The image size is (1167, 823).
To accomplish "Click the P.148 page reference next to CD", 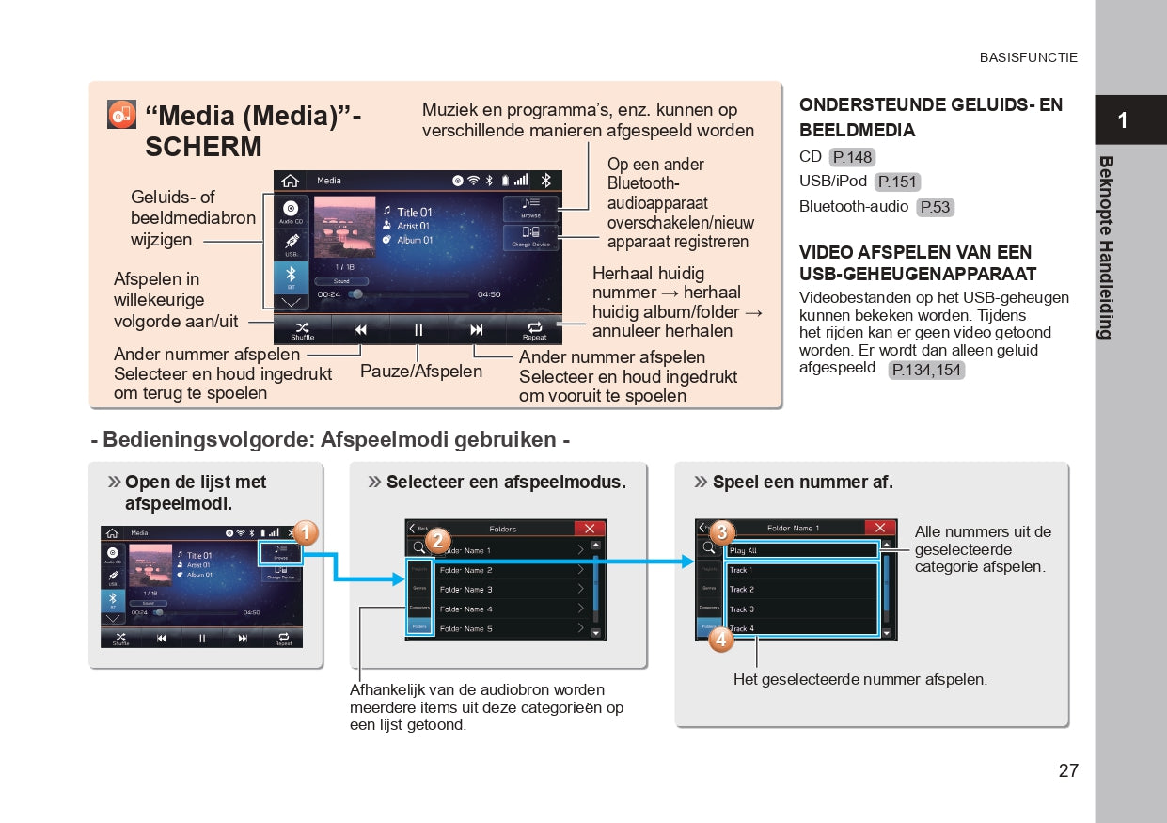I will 853,157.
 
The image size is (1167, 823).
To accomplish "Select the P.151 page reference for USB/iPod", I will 897,182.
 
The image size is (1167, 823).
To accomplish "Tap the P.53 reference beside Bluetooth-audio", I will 935,208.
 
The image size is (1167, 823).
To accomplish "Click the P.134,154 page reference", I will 926,370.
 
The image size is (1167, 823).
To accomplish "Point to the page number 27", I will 1068,770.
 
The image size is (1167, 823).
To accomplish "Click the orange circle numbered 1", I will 305,534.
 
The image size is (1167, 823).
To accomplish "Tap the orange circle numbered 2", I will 437,542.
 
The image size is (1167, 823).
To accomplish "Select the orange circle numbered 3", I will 721,532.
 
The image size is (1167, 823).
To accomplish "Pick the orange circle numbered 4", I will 720,641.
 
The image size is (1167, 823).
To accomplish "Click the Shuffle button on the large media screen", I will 303,330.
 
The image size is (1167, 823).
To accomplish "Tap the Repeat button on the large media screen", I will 534,330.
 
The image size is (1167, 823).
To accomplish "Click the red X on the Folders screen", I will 590,529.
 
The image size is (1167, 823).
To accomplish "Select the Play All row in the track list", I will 802,550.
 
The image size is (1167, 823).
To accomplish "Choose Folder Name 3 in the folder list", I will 465,590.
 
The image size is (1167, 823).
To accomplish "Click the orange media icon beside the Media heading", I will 121,114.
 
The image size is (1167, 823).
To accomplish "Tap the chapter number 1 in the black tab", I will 1123,120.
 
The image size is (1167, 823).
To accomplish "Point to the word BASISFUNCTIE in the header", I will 1029,57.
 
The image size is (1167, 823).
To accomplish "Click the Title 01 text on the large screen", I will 414,213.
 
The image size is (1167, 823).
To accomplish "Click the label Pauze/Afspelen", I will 421,371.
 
